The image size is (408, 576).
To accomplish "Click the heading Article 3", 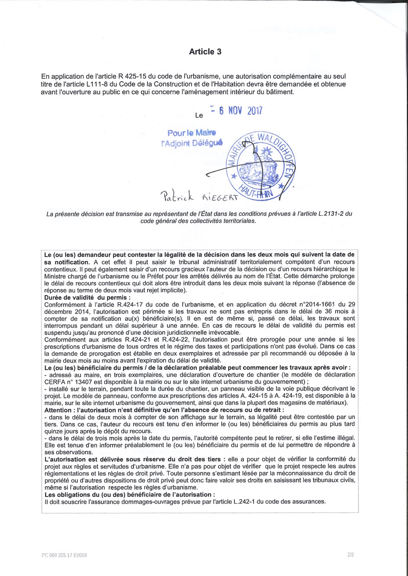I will coord(205,52).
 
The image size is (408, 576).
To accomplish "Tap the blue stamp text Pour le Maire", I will coord(192,133).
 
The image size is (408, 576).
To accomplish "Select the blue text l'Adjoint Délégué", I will coord(192,143).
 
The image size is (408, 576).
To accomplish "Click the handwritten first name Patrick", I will coord(177,196).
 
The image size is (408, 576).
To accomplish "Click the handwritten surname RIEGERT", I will coord(220,198).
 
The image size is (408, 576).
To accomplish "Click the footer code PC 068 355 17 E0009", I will coord(64,555).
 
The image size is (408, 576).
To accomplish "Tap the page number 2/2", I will coord(350,555).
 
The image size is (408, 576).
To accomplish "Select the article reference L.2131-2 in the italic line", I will coord(330,214).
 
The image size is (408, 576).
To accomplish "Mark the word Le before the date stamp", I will coord(199,116).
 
